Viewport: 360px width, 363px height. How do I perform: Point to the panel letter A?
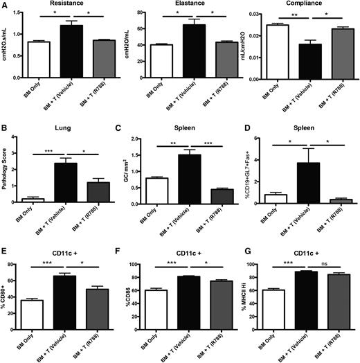pyautogui.click(x=5, y=5)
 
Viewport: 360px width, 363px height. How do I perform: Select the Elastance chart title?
pyautogui.click(x=183, y=4)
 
